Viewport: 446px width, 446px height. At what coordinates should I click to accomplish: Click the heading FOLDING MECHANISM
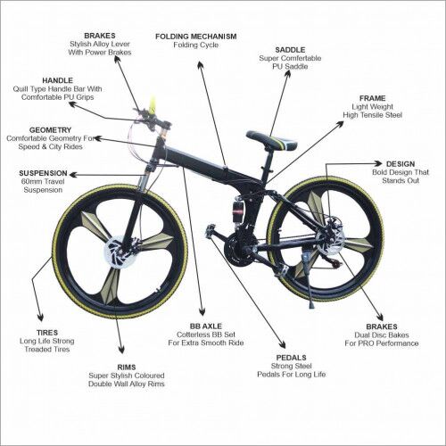coord(195,37)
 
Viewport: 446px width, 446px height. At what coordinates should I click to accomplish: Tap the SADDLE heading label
coord(289,50)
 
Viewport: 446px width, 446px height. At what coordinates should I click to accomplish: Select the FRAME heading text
coord(372,98)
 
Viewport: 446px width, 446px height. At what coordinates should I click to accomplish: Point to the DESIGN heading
coord(401,163)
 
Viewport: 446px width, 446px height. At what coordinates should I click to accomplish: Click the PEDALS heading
coord(290,356)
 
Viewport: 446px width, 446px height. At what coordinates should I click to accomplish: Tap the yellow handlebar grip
coord(153,104)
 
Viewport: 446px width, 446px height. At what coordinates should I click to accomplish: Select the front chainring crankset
coord(238,246)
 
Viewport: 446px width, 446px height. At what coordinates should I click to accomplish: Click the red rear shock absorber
coord(238,213)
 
